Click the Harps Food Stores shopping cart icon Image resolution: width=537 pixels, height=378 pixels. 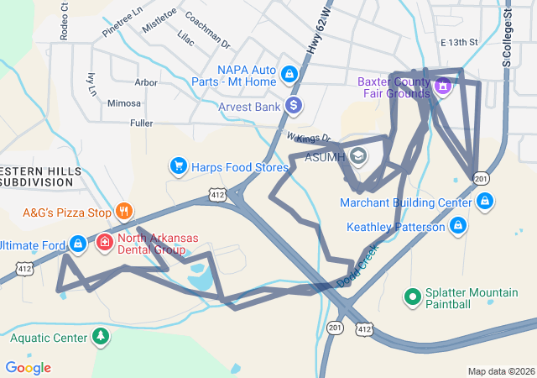pyautogui.click(x=178, y=166)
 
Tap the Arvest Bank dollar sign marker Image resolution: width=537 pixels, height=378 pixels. pyautogui.click(x=293, y=106)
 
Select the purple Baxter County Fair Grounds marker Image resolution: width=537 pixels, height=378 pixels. pyautogui.click(x=443, y=85)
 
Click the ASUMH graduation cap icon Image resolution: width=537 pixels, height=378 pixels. pyautogui.click(x=358, y=156)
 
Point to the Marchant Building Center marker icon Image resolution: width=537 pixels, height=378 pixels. pyautogui.click(x=485, y=202)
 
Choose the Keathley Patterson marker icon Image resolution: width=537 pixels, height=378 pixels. pyautogui.click(x=458, y=226)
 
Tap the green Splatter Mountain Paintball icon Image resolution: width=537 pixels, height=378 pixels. pyautogui.click(x=412, y=297)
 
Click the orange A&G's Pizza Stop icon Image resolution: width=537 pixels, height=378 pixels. pyautogui.click(x=123, y=211)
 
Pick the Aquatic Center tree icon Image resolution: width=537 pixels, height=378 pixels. pyautogui.click(x=101, y=338)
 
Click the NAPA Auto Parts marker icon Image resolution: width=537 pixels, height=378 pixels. pyautogui.click(x=289, y=75)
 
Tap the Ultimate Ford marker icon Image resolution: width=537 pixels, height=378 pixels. pyautogui.click(x=77, y=244)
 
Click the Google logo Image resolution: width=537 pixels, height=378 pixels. pyautogui.click(x=28, y=367)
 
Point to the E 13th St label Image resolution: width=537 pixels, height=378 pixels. pyautogui.click(x=458, y=42)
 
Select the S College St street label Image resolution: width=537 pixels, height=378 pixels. pyautogui.click(x=507, y=34)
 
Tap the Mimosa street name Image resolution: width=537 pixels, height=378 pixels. pyautogui.click(x=124, y=103)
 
